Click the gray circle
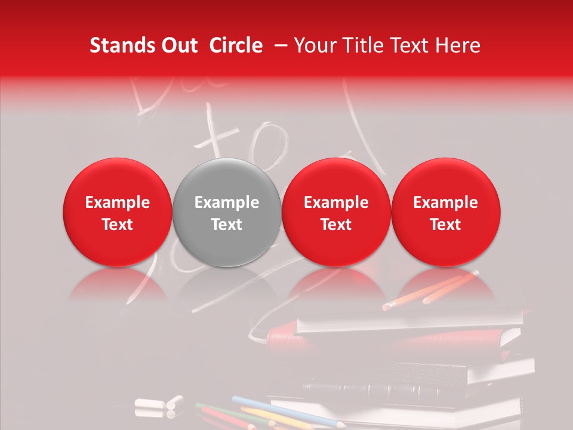pos(227,213)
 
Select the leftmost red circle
pos(118,213)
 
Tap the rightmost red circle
pos(446,213)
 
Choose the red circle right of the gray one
pos(336,213)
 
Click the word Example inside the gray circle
pos(227,202)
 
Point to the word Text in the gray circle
pos(227,225)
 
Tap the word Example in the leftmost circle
pos(118,202)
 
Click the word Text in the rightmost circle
pos(446,225)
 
